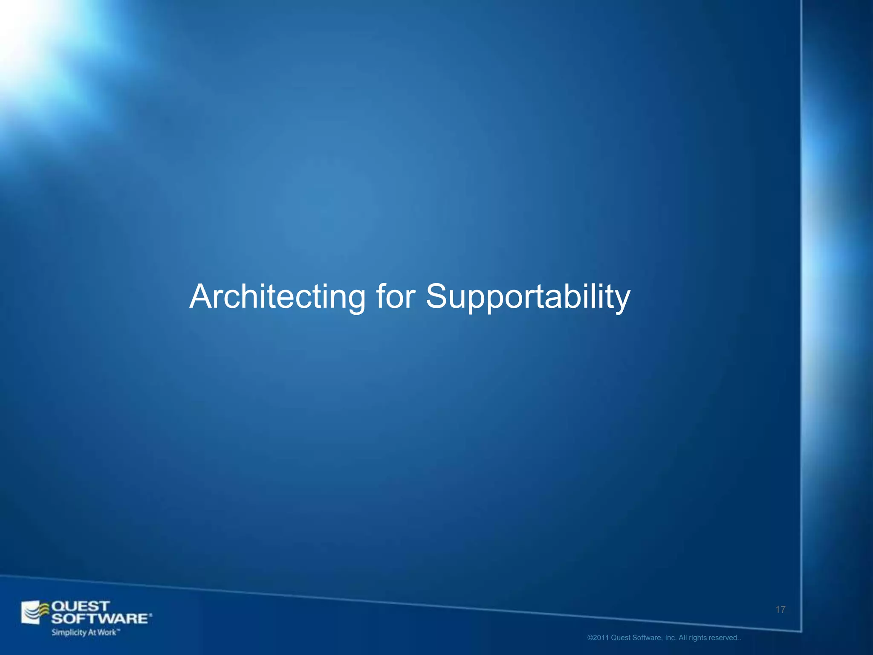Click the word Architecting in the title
277,297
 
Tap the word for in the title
395,297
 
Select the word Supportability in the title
528,298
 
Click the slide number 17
780,610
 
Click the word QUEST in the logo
81,606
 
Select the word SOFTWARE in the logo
101,618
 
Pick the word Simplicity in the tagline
69,632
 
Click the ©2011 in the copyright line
598,638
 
